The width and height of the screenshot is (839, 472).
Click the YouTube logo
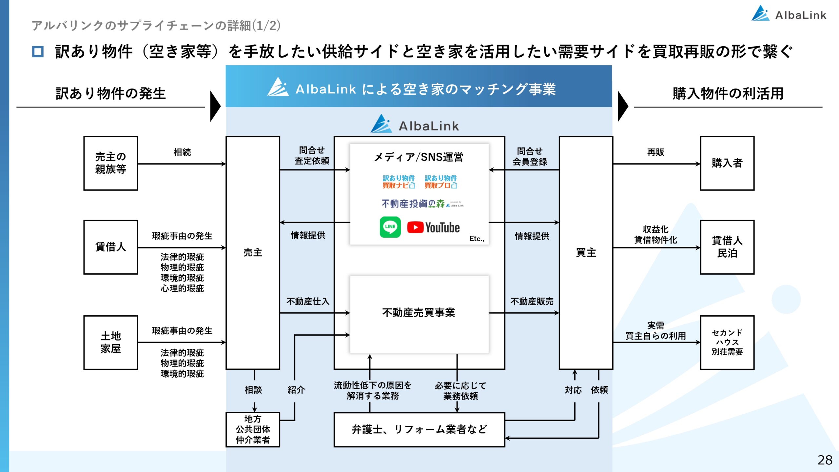click(x=433, y=227)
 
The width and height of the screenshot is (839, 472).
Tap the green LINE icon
click(x=390, y=227)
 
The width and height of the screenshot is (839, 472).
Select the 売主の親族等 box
click(x=111, y=163)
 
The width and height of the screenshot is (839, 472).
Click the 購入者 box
click(x=727, y=163)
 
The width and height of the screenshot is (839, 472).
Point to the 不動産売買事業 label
click(x=419, y=313)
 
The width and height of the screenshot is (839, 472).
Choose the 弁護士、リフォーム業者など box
click(x=419, y=429)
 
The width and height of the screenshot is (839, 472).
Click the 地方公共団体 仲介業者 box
click(x=253, y=429)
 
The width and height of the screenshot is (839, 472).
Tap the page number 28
click(x=825, y=460)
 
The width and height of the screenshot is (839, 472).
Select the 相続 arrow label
click(x=182, y=152)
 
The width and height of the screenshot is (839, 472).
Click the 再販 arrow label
click(x=655, y=152)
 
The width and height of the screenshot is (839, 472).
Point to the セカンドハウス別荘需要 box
click(x=727, y=343)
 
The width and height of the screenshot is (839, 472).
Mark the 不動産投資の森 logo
click(x=422, y=204)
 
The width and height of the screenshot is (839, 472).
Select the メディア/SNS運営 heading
click(x=419, y=157)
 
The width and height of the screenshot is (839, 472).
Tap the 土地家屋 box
click(x=111, y=343)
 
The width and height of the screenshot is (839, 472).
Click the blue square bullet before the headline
click(x=38, y=51)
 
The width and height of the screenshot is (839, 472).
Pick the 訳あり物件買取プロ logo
click(x=440, y=182)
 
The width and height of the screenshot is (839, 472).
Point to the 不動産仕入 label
click(x=308, y=302)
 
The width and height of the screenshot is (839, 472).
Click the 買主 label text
click(x=586, y=253)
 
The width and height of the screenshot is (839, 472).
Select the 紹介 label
click(x=296, y=390)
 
